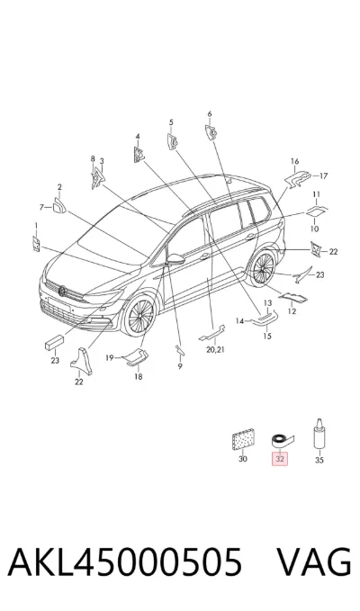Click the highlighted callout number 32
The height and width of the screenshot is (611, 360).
pyautogui.click(x=280, y=459)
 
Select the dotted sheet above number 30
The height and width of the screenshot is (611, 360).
pyautogui.click(x=243, y=440)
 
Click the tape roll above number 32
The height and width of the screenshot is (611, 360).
pyautogui.click(x=283, y=441)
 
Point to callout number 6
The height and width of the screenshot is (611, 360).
pyautogui.click(x=210, y=113)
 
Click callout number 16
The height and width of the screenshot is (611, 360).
pyautogui.click(x=294, y=161)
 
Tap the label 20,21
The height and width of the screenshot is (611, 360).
pyautogui.click(x=215, y=349)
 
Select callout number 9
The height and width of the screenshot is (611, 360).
pyautogui.click(x=180, y=366)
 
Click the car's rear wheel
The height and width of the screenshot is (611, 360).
pyautogui.click(x=264, y=268)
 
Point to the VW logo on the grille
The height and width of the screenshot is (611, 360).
pyautogui.click(x=62, y=291)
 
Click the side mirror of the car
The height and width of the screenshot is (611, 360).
pyautogui.click(x=176, y=258)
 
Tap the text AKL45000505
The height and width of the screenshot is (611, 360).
pyautogui.click(x=125, y=562)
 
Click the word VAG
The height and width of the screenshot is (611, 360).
pyautogui.click(x=313, y=562)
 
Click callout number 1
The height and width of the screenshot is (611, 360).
pyautogui.click(x=36, y=225)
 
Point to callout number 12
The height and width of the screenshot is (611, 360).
pyautogui.click(x=292, y=311)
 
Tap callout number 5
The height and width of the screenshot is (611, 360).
pyautogui.click(x=171, y=122)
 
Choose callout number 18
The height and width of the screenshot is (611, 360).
pyautogui.click(x=139, y=377)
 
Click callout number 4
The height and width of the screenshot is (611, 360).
pyautogui.click(x=138, y=137)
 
